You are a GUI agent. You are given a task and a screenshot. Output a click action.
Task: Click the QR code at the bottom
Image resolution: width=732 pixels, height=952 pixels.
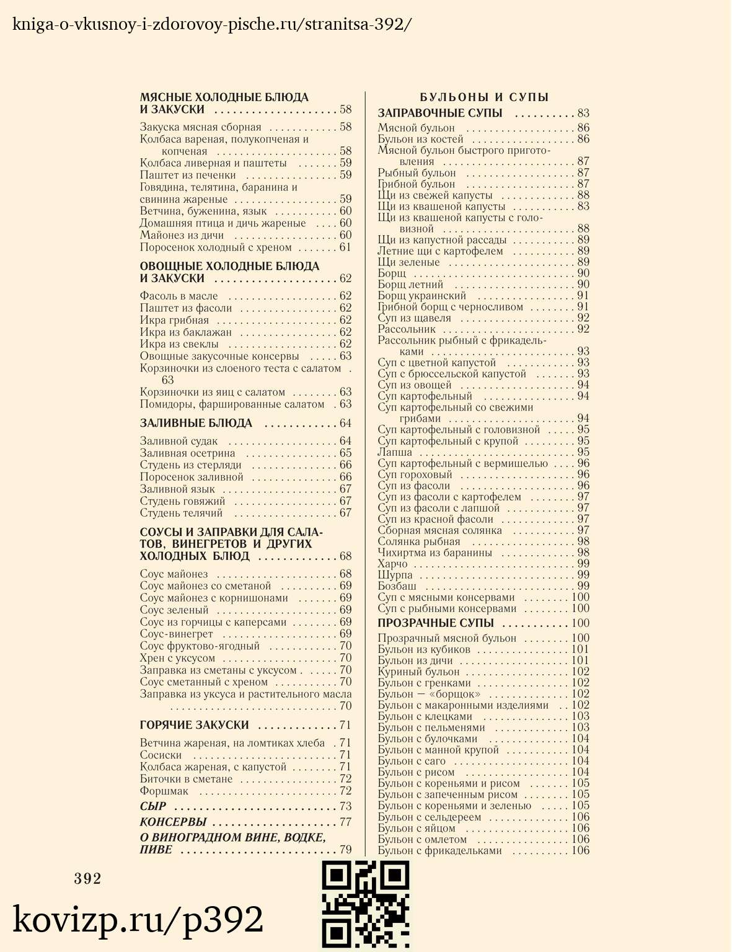pyautogui.click(x=366, y=905)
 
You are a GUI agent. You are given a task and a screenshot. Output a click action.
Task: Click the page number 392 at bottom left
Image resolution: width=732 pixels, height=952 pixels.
pyautogui.click(x=87, y=879)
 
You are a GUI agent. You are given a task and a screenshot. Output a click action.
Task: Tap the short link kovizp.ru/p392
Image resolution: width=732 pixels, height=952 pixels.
pyautogui.click(x=138, y=920)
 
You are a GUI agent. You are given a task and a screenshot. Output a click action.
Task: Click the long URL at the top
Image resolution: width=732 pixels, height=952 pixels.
pyautogui.click(x=212, y=24)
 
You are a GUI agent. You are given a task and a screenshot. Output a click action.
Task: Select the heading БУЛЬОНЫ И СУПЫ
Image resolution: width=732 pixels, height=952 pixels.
pyautogui.click(x=484, y=97)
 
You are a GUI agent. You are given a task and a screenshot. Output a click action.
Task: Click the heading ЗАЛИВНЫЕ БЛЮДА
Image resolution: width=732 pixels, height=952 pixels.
pyautogui.click(x=196, y=424)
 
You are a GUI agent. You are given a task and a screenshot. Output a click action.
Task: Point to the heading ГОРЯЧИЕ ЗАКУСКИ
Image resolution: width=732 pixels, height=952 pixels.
pyautogui.click(x=195, y=725)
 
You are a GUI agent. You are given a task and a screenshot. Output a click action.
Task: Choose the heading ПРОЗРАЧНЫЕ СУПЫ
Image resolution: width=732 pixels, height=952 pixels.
pyautogui.click(x=436, y=623)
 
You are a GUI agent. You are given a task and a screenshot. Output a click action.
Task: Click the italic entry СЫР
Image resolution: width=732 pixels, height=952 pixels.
pyautogui.click(x=153, y=806)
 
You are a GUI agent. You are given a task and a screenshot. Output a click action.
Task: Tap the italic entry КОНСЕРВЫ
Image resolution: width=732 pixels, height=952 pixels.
pyautogui.click(x=173, y=822)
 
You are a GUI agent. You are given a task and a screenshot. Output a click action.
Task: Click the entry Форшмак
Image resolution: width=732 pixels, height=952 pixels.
pyautogui.click(x=164, y=791)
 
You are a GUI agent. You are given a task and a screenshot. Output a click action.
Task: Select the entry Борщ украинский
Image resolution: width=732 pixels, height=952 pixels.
pyautogui.click(x=422, y=296)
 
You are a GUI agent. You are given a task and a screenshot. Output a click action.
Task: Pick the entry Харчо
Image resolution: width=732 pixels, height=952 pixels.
pyautogui.click(x=393, y=564)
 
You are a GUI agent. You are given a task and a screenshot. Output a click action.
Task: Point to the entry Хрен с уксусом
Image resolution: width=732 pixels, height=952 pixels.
pyautogui.click(x=177, y=658)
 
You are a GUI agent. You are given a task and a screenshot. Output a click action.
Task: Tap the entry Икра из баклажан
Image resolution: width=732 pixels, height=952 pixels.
pyautogui.click(x=186, y=332)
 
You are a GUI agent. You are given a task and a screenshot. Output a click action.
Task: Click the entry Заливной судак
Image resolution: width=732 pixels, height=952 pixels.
pyautogui.click(x=179, y=442)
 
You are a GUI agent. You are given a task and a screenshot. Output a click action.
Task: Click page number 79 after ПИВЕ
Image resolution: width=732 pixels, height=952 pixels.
pyautogui.click(x=345, y=850)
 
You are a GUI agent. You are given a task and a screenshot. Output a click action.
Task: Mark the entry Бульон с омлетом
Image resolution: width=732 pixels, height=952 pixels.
pyautogui.click(x=422, y=839)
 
